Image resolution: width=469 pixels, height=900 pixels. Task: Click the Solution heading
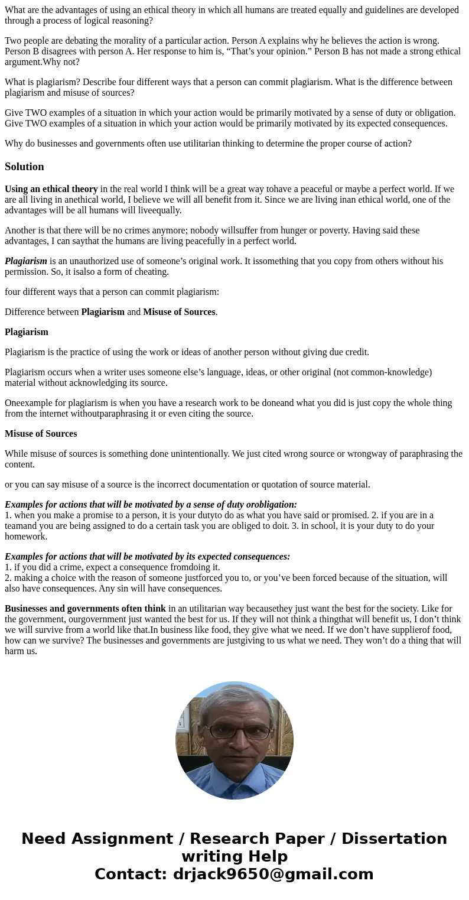[24, 167]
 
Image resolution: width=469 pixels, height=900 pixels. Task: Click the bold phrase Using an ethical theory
[51, 189]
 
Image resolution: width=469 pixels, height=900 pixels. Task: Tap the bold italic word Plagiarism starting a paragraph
[26, 261]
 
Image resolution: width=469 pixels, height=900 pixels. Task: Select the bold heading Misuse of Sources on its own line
[41, 434]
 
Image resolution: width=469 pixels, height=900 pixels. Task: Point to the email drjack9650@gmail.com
[273, 874]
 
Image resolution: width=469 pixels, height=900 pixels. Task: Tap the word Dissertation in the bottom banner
[394, 839]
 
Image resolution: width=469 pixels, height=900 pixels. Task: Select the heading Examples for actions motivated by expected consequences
[148, 557]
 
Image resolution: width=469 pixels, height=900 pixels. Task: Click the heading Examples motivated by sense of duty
[151, 505]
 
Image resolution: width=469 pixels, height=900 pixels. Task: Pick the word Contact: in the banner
[131, 874]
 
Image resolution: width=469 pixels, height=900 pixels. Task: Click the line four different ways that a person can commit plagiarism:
[112, 292]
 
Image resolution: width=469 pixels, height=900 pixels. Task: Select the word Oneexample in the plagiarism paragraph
[25, 403]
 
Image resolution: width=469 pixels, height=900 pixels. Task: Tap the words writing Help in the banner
[234, 856]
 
